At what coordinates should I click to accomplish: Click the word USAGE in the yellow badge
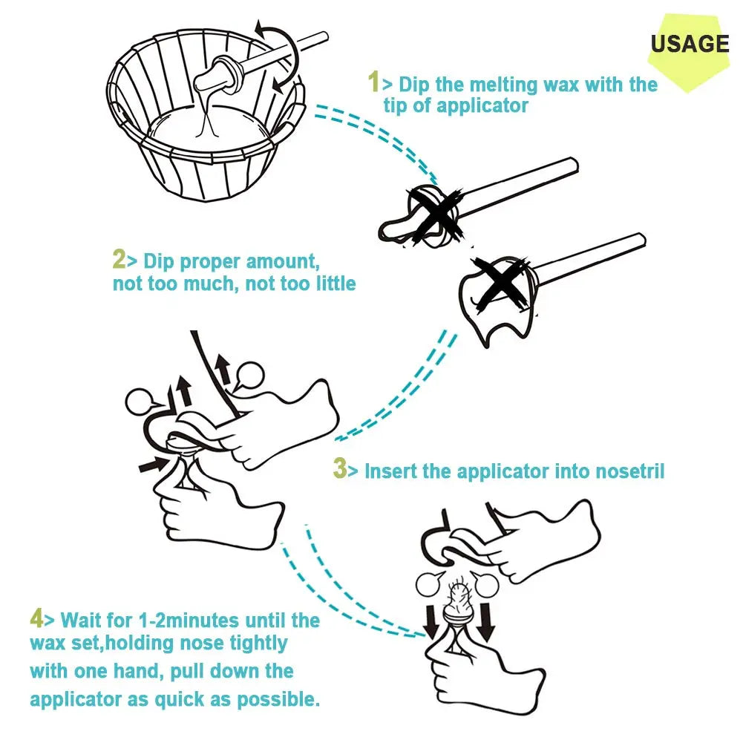coord(690,44)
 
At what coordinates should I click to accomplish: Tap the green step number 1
coord(374,82)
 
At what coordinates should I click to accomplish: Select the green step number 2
coord(119,259)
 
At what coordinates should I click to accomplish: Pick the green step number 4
coord(36,618)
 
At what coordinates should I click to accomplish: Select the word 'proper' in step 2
coord(210,263)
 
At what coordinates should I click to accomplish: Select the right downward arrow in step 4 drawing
coord(485,621)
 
